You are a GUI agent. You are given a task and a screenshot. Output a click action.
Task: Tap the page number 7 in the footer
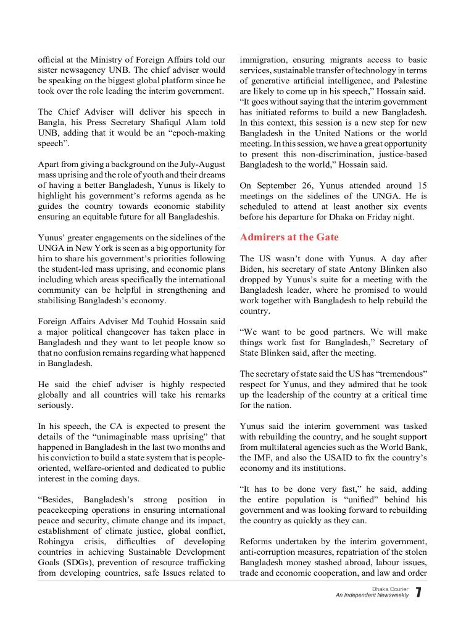[419, 594]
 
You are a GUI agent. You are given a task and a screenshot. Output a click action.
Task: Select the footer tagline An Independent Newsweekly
[372, 596]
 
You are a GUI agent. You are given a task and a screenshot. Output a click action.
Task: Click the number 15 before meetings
[421, 185]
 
